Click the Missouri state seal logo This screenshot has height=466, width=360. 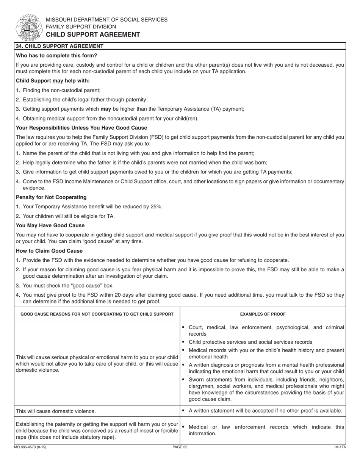coord(28,27)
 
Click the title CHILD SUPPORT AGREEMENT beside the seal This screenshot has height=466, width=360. coord(93,34)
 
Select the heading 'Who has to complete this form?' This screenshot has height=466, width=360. coord(56,55)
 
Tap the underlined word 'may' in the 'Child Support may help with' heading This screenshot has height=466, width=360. coord(58,81)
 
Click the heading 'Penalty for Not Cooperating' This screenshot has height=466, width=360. coord(51,197)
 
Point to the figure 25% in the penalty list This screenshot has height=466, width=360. coord(157,206)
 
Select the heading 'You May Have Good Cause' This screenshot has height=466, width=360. coord(50,225)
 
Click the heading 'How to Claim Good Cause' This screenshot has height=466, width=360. coord(49,251)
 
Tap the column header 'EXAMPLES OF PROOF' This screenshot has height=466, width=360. coord(263,314)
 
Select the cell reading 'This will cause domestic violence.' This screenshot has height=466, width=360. coord(56,411)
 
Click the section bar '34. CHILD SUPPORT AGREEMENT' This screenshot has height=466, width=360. coord(59,46)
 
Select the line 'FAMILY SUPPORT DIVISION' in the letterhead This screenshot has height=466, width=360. coord(81,27)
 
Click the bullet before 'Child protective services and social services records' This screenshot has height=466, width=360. coord(183,342)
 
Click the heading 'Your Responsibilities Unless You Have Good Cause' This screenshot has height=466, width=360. coord(81,128)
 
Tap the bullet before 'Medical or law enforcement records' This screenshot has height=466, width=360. coord(183,427)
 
